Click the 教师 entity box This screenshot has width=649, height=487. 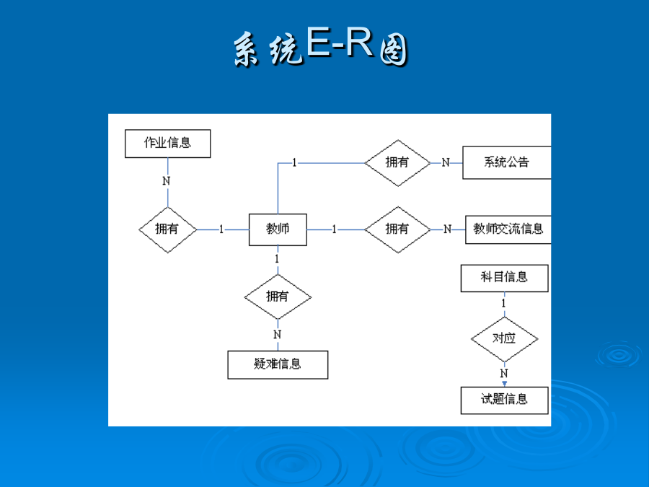278,229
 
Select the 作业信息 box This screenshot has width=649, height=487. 167,144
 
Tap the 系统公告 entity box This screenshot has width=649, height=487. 507,162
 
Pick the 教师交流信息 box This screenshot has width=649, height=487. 508,229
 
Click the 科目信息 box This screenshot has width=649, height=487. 505,278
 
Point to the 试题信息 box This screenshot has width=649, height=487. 505,400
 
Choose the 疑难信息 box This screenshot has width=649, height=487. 278,364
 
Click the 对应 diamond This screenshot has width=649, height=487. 505,339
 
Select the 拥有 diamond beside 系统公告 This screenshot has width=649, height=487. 398,163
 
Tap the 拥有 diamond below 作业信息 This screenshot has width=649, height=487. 167,230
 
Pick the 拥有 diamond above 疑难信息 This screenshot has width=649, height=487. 278,297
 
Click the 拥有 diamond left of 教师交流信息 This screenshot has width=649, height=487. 398,229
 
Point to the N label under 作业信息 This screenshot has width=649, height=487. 167,181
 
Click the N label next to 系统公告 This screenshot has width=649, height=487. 446,163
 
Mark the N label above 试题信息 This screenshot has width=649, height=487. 504,373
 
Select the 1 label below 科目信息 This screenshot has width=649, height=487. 504,304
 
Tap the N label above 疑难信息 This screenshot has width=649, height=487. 278,334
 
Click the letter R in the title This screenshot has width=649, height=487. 359,41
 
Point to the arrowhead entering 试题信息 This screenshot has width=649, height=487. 505,384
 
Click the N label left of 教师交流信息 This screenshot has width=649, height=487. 447,229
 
